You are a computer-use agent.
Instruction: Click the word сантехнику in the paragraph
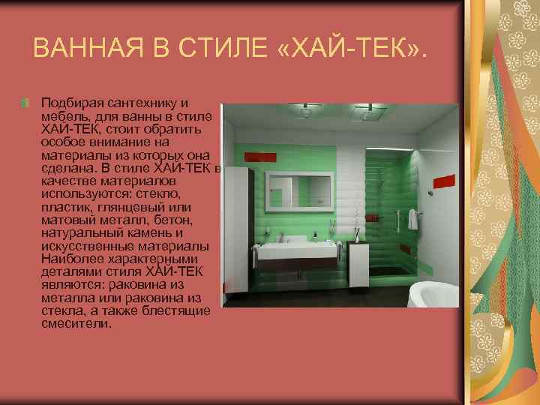(140, 101)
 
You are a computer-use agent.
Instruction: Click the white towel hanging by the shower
(412, 220)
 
